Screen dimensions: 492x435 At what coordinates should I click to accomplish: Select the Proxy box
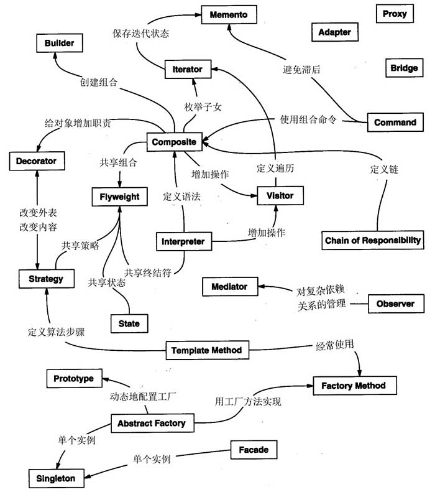pyautogui.click(x=395, y=14)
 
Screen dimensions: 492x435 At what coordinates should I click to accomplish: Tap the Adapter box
pyautogui.click(x=334, y=32)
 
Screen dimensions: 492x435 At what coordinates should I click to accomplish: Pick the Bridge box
pyautogui.click(x=404, y=68)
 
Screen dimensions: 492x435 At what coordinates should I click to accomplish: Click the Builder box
pyautogui.click(x=59, y=43)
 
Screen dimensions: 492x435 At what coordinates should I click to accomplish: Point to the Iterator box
pyautogui.click(x=187, y=70)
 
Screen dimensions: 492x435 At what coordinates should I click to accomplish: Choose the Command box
pyautogui.click(x=395, y=122)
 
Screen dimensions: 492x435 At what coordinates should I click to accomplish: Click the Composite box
pyautogui.click(x=174, y=142)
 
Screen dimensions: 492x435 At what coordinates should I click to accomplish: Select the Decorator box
pyautogui.click(x=36, y=161)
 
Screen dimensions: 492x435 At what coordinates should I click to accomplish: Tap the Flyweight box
pyautogui.click(x=120, y=197)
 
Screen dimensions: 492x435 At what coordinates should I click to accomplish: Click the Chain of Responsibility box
pyautogui.click(x=373, y=240)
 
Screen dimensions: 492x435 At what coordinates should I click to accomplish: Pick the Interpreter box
pyautogui.click(x=183, y=241)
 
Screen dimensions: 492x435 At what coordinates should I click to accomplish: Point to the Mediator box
pyautogui.click(x=229, y=287)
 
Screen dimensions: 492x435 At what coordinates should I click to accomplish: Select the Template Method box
pyautogui.click(x=207, y=351)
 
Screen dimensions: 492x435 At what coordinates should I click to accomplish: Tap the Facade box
pyautogui.click(x=253, y=449)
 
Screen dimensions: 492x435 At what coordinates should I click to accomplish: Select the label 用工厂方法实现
pyautogui.click(x=248, y=401)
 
